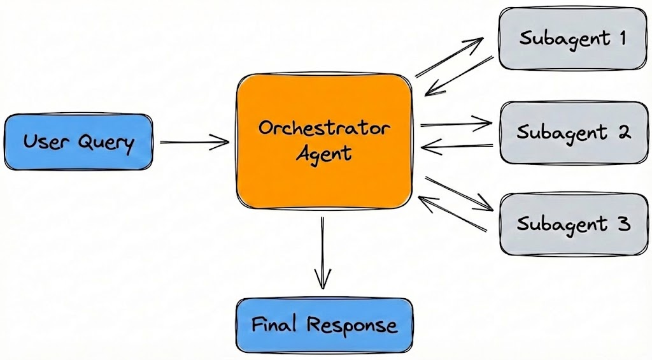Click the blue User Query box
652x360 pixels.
pyautogui.click(x=79, y=141)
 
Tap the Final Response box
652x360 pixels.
pyautogui.click(x=324, y=326)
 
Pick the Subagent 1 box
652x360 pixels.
pyautogui.click(x=572, y=38)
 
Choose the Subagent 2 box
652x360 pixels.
pyautogui.click(x=572, y=133)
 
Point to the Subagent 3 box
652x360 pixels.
pyautogui.click(x=572, y=224)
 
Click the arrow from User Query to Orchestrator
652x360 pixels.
pyautogui.click(x=194, y=143)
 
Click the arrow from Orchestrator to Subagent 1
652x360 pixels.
pyautogui.click(x=449, y=58)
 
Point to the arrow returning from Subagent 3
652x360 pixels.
pyautogui.click(x=453, y=213)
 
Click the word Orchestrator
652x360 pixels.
pyautogui.click(x=324, y=127)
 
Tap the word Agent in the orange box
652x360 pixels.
pyautogui.click(x=324, y=154)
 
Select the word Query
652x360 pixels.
pyautogui.click(x=106, y=142)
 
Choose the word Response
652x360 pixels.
pyautogui.click(x=352, y=326)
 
